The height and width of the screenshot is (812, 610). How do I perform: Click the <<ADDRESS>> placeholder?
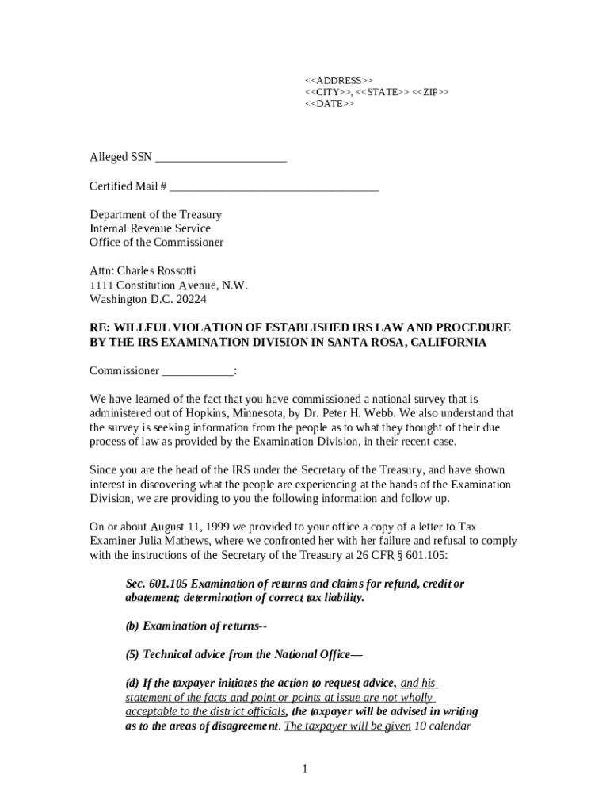tap(338, 80)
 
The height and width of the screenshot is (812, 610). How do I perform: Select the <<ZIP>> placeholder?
tap(430, 92)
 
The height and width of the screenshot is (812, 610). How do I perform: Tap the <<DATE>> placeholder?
tap(330, 104)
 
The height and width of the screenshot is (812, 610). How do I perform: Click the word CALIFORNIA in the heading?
tap(441, 343)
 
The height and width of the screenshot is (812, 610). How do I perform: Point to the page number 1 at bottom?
tap(305, 769)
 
